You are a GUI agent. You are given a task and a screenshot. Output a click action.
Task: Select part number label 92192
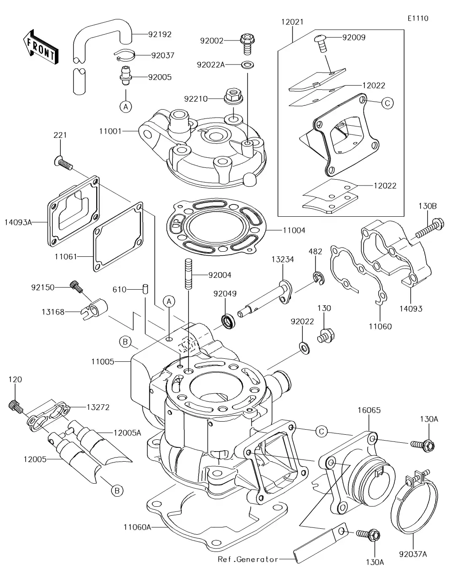[159, 35]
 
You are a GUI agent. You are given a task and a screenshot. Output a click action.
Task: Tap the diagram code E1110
[418, 18]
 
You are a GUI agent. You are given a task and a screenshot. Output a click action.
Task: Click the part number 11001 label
[110, 131]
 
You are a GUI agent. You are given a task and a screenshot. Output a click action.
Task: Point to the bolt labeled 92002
[245, 43]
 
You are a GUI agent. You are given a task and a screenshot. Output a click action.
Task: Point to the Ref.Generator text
[248, 559]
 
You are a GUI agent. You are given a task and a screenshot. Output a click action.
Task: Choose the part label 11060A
[137, 527]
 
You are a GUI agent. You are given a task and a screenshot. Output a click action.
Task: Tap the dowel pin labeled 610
[145, 289]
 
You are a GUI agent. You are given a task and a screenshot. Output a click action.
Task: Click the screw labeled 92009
[321, 43]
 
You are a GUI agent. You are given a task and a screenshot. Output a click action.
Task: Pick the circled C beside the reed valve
[387, 102]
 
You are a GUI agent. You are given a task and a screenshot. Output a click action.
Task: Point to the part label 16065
[369, 410]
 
